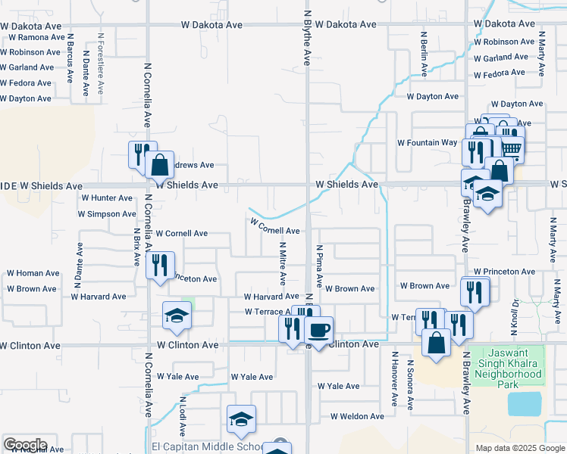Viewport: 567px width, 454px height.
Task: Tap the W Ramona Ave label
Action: pos(33,37)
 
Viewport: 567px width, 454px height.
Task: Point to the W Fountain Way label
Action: pos(428,142)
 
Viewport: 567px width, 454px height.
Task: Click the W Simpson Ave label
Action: pos(107,214)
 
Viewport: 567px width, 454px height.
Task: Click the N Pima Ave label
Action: pos(320,267)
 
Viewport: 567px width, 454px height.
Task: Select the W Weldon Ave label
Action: pos(357,416)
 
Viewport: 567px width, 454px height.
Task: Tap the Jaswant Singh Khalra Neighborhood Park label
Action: pos(509,367)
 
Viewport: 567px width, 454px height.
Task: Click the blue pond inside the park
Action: pos(525,404)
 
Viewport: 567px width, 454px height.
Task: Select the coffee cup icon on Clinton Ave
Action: pos(319,330)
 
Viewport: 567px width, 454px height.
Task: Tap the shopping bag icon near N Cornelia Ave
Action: pos(160,164)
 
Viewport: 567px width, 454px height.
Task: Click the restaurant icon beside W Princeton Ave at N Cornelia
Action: pos(160,265)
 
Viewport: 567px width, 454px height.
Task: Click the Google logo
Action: pos(25,445)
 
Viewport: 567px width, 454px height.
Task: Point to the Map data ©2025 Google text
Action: pos(518,448)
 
